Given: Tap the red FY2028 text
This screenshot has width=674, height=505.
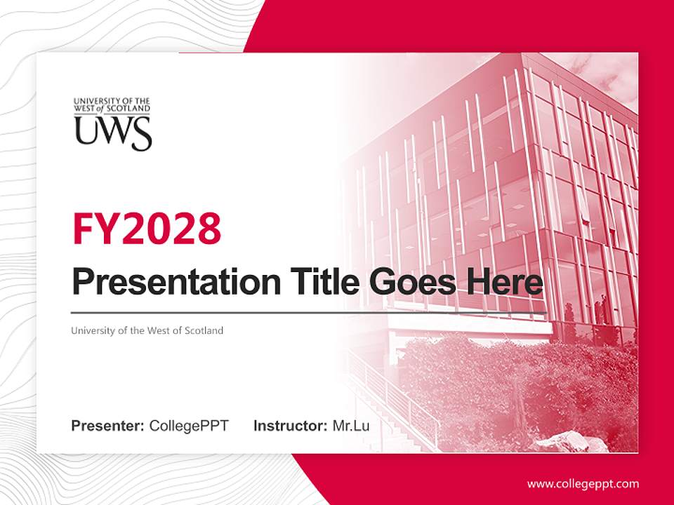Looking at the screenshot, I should tap(147, 229).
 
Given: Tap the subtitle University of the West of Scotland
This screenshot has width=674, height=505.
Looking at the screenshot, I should tap(147, 330).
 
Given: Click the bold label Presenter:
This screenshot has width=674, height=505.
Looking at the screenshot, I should tap(108, 426).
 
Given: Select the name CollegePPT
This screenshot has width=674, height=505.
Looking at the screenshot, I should tap(189, 426).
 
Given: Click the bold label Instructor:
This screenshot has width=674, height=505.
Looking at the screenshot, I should tap(290, 426).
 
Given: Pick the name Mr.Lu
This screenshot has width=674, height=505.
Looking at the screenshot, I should tap(351, 426).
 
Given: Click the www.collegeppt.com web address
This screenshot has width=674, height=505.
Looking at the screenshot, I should tap(583, 483).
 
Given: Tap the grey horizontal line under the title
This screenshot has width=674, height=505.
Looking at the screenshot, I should tap(309, 313).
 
